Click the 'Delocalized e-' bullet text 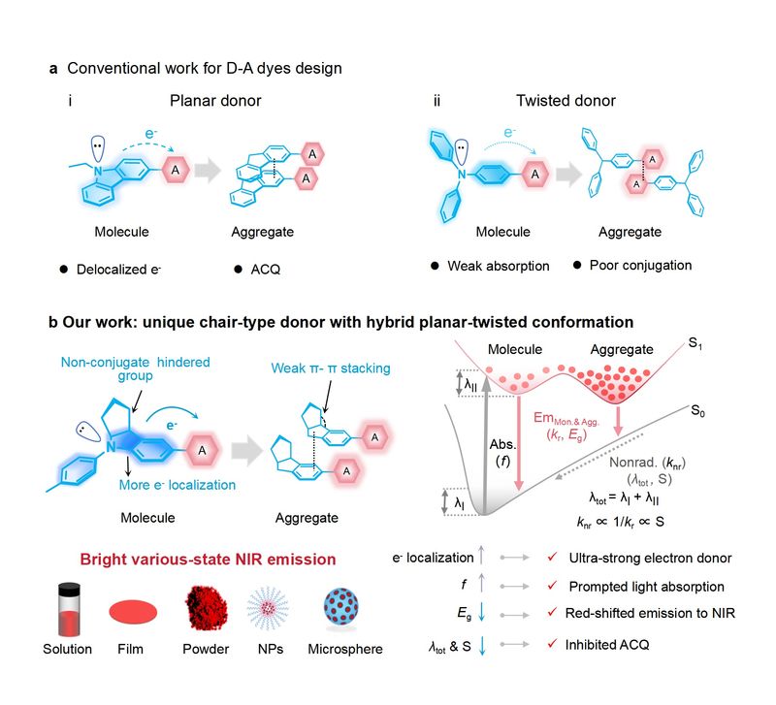[121, 266]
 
